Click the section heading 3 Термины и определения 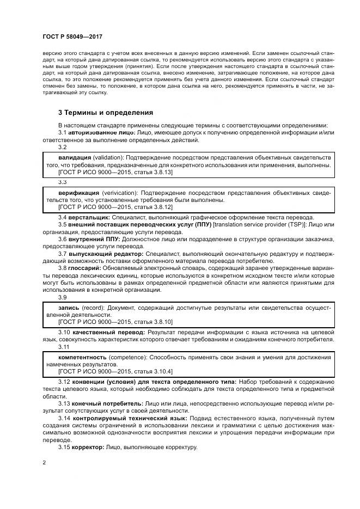(106, 113)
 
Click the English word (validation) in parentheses (111, 157)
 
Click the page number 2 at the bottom (44, 463)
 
